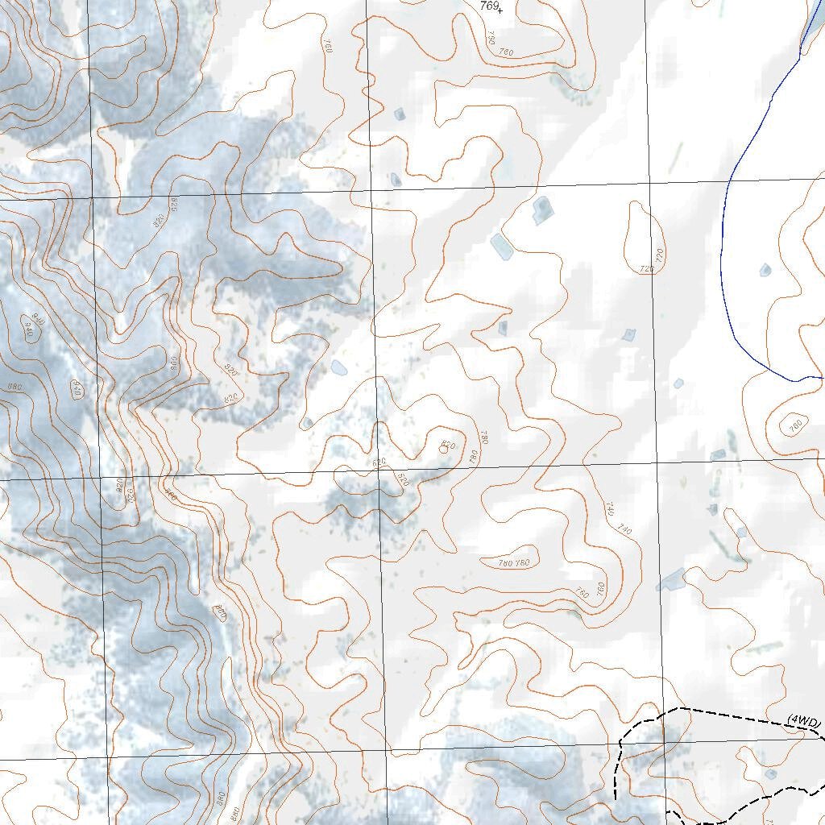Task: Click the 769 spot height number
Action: (x=488, y=6)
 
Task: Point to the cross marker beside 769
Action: (x=500, y=11)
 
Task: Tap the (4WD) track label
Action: (x=803, y=719)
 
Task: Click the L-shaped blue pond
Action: (x=542, y=209)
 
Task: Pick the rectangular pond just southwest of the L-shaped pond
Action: (x=502, y=246)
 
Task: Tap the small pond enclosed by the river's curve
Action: (x=765, y=270)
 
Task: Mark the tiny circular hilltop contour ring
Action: (x=443, y=448)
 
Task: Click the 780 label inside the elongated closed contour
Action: (x=504, y=562)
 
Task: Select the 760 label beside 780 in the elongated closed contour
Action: (x=523, y=562)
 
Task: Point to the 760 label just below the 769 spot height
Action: (x=506, y=52)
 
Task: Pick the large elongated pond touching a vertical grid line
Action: (x=671, y=578)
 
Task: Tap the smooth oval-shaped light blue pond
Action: (x=339, y=368)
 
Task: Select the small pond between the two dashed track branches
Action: (x=771, y=774)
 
